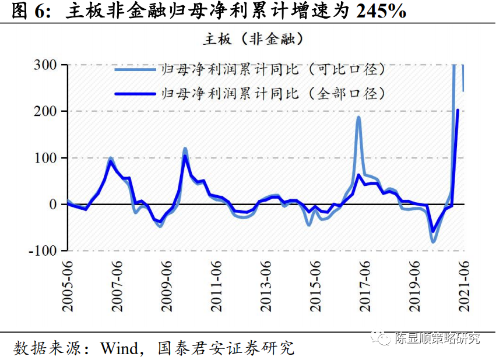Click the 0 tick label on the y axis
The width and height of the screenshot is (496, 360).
click(x=52, y=204)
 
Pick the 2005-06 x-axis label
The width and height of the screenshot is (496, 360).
click(x=68, y=285)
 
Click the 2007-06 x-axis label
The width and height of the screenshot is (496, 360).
click(x=117, y=285)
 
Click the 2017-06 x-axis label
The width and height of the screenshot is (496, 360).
click(x=365, y=285)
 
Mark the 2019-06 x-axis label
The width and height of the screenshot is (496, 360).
click(x=414, y=285)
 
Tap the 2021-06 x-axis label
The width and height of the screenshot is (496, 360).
click(x=464, y=285)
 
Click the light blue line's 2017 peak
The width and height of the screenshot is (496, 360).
click(x=358, y=118)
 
